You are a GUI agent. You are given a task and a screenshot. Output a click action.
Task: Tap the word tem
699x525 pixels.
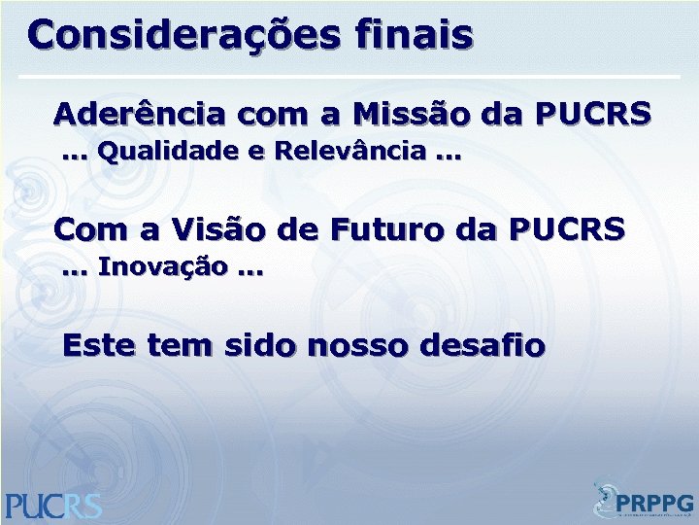coord(181,345)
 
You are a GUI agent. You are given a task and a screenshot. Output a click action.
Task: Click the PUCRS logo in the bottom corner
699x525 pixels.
coord(53,504)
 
